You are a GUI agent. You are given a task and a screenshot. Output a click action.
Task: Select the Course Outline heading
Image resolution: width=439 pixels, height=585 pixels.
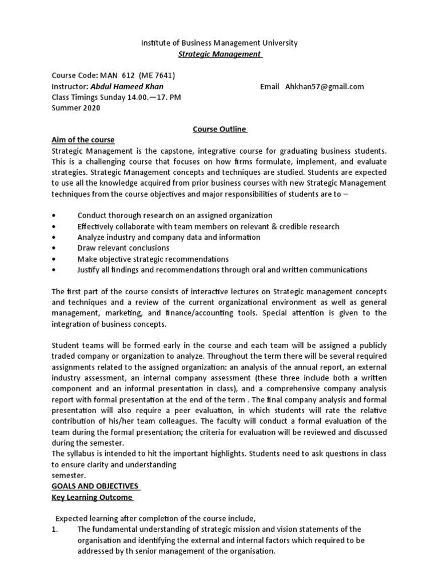tap(219, 130)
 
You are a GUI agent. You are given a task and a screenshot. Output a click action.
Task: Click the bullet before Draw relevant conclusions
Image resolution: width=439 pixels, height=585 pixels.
tap(54, 249)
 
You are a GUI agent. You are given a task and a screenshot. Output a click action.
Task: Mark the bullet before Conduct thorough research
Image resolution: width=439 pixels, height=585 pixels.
tap(54, 216)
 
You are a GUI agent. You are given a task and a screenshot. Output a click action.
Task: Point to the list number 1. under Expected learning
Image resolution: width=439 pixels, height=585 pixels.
tap(55, 530)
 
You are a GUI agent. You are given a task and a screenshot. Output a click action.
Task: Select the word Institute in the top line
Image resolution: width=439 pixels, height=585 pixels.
tap(155, 43)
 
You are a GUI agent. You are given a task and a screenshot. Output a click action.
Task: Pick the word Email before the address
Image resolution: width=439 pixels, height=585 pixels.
tap(269, 87)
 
